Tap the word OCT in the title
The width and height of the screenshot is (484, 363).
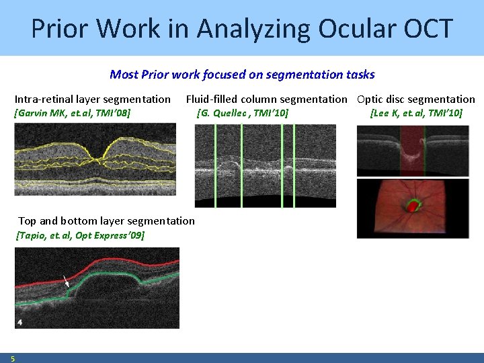pyautogui.click(x=427, y=28)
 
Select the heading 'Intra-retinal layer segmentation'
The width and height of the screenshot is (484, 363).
pyautogui.click(x=93, y=99)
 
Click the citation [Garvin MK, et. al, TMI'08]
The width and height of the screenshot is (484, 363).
pyautogui.click(x=73, y=112)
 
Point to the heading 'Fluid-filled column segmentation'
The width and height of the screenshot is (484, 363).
pyautogui.click(x=266, y=99)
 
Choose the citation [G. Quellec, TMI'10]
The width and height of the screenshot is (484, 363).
pyautogui.click(x=242, y=112)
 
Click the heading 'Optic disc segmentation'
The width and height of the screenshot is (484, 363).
pyautogui.click(x=415, y=99)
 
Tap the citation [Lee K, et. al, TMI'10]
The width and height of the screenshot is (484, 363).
pyautogui.click(x=416, y=112)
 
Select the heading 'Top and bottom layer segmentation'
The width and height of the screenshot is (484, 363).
pyautogui.click(x=106, y=220)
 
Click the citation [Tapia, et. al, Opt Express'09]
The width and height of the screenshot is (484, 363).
pyautogui.click(x=79, y=235)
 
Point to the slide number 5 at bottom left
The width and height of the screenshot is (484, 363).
pyautogui.click(x=13, y=358)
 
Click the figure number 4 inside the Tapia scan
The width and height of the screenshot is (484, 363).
pyautogui.click(x=20, y=323)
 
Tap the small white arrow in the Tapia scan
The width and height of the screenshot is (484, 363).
pyautogui.click(x=65, y=281)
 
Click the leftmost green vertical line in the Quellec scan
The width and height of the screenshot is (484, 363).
pyautogui.click(x=215, y=165)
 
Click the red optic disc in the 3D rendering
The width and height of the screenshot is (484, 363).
pyautogui.click(x=411, y=207)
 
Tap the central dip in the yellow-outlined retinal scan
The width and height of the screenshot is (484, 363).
pyautogui.click(x=99, y=159)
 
